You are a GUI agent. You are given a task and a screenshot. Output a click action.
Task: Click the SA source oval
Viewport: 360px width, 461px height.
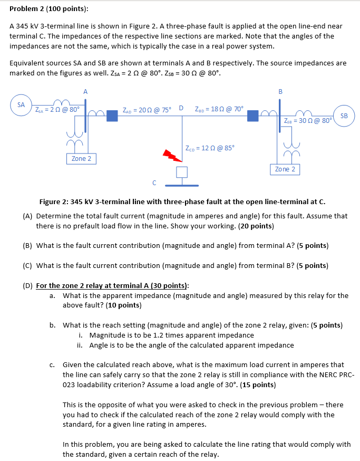click(x=21, y=105)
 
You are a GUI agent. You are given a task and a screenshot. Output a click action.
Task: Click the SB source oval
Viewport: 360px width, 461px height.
click(x=344, y=116)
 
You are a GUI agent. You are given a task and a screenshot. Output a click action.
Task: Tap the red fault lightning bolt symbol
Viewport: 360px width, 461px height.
click(x=171, y=155)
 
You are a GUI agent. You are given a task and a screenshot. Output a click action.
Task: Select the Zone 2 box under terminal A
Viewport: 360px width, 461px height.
click(x=81, y=159)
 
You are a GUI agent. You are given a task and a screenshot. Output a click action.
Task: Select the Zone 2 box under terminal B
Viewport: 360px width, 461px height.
click(x=286, y=169)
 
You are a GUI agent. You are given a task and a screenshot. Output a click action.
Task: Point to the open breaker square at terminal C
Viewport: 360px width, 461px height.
click(x=182, y=172)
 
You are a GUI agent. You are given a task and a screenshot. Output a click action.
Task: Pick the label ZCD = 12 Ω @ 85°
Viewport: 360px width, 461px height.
click(x=210, y=147)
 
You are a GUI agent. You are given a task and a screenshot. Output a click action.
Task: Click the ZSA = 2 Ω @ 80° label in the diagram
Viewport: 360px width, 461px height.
click(x=57, y=110)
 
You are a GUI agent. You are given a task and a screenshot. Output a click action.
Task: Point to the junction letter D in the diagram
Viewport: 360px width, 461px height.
click(x=181, y=109)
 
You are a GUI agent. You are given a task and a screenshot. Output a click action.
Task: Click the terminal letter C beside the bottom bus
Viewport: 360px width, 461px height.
click(x=154, y=183)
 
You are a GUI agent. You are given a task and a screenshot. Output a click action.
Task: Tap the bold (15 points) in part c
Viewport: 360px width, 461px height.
click(x=257, y=385)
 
